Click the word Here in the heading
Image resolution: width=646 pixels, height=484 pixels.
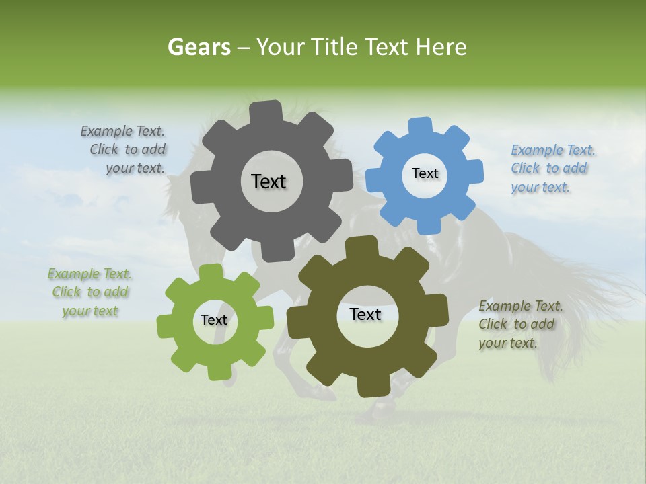(x=441, y=47)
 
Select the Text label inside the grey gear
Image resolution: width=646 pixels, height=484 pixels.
(x=268, y=182)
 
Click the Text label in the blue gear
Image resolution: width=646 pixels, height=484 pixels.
(x=425, y=173)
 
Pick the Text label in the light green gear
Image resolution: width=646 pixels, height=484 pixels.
(x=214, y=320)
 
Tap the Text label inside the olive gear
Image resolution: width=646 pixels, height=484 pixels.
(x=365, y=314)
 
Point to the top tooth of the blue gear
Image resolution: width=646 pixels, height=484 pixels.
(x=421, y=126)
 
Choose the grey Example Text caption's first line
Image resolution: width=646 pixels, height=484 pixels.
(x=122, y=131)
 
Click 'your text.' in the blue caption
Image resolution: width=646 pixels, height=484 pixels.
(x=540, y=187)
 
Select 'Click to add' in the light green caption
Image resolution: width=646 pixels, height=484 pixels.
(x=90, y=292)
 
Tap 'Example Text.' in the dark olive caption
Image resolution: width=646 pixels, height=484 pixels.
(x=521, y=306)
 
